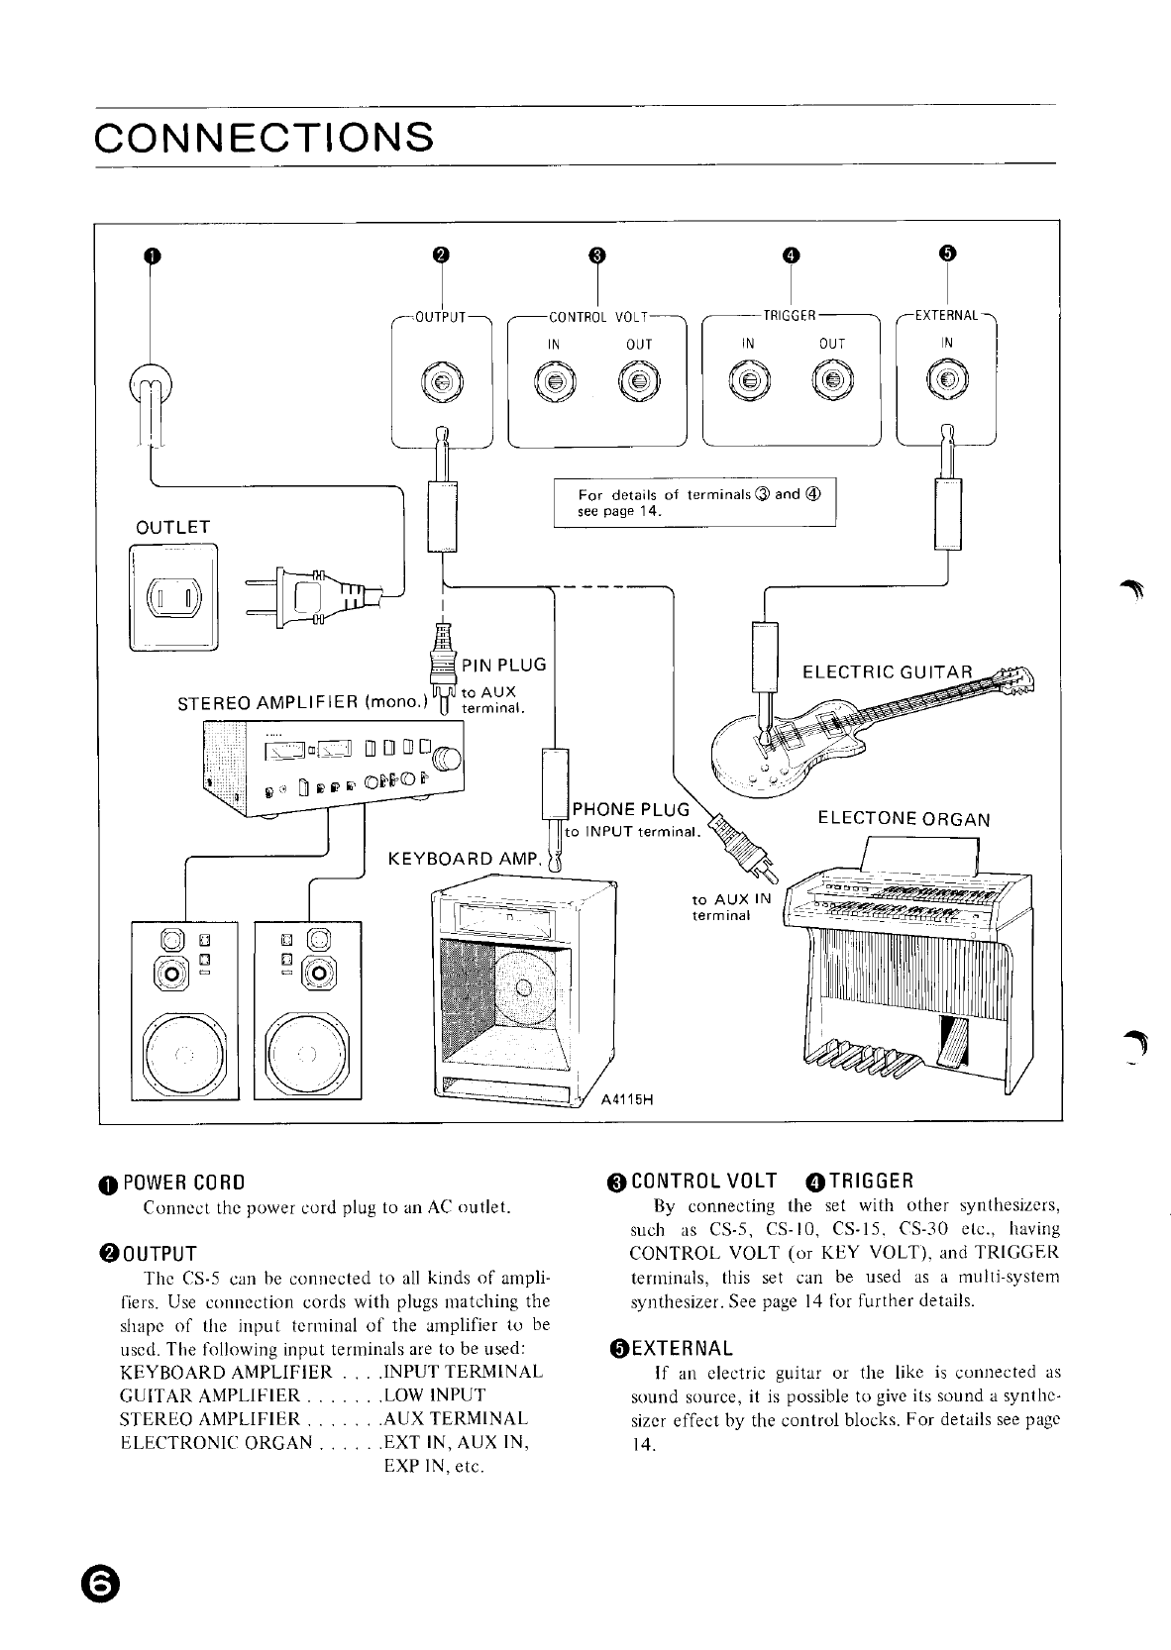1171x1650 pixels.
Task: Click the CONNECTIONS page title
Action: (x=264, y=137)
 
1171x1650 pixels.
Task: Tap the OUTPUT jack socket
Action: (x=442, y=381)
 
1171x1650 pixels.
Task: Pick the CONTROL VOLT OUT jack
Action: (x=638, y=381)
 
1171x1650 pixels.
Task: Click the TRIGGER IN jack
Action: (x=748, y=381)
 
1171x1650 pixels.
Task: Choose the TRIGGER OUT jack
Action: (x=832, y=381)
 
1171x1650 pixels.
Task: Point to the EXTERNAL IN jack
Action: (x=947, y=381)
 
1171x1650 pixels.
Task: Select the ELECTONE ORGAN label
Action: (x=903, y=819)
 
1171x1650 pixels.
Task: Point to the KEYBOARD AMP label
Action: (x=463, y=857)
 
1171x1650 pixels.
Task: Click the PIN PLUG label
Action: (x=504, y=664)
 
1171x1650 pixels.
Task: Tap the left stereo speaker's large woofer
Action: (x=184, y=1053)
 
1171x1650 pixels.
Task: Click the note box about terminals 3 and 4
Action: (x=694, y=501)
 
